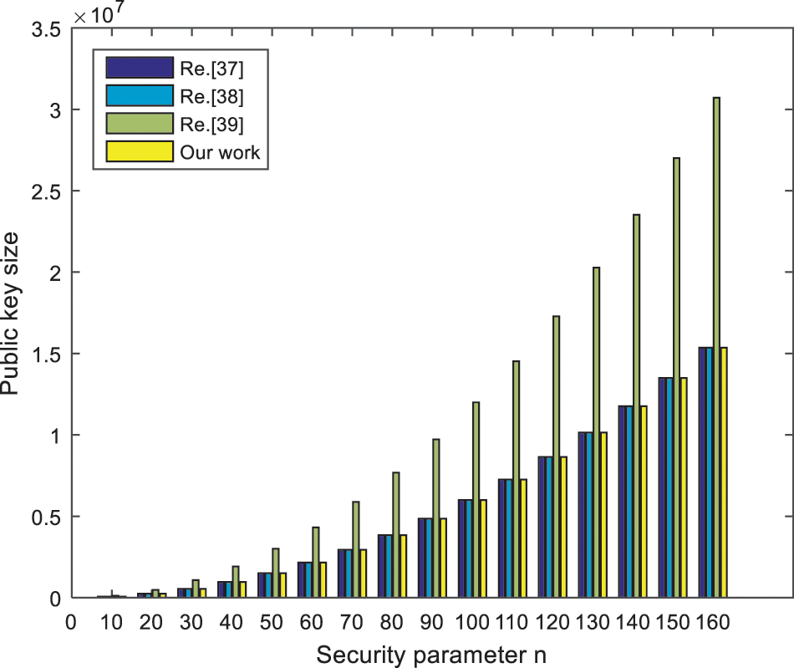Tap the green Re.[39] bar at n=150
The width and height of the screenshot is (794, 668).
coord(676,377)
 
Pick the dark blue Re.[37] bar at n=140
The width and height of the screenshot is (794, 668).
coord(623,502)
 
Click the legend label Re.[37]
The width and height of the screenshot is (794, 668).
coord(208,66)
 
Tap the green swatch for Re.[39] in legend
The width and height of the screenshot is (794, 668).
coord(138,124)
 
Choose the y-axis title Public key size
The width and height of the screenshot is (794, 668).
coord(12,314)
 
